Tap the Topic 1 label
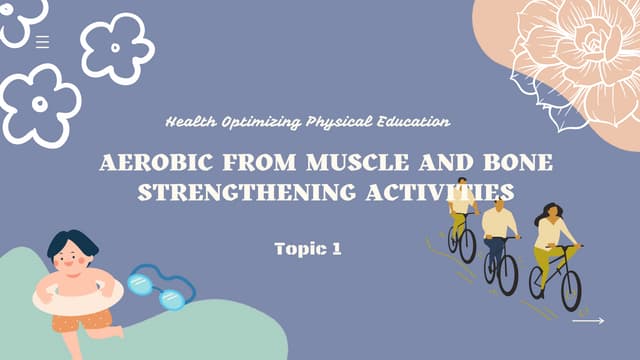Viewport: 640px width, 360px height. (308, 249)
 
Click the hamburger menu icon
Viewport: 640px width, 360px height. (42, 41)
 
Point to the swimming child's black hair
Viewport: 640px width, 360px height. (74, 243)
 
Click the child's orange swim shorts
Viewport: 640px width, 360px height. (84, 320)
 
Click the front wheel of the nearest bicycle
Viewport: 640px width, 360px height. (571, 289)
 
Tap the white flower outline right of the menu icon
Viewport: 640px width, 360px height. (117, 47)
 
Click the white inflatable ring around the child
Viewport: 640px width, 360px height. (76, 297)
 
